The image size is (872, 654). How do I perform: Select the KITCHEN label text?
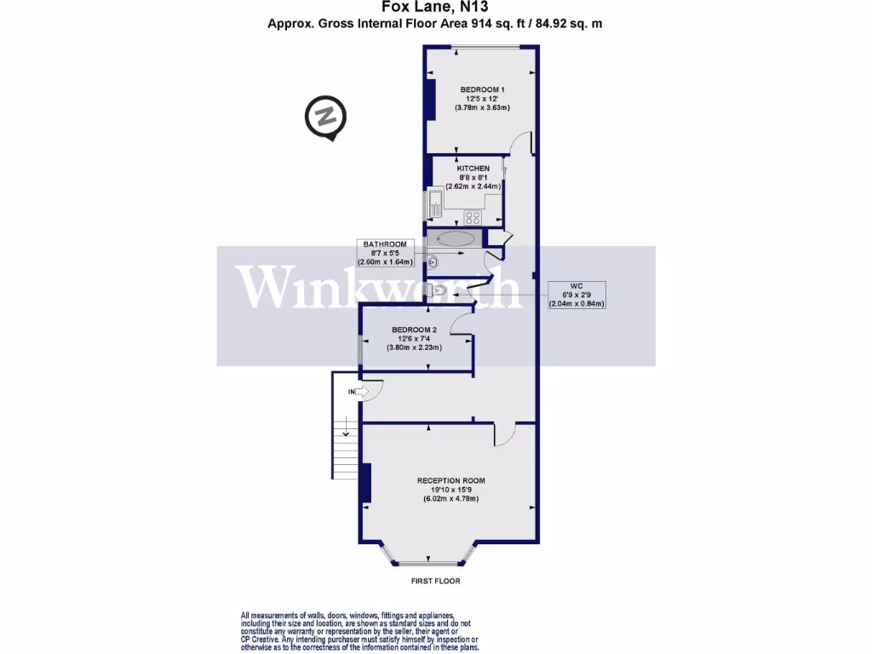click(x=473, y=169)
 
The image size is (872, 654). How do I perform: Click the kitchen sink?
click(x=435, y=204)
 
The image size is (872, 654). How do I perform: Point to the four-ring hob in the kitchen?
click(x=472, y=217)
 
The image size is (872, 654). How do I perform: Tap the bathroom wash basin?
click(x=432, y=262)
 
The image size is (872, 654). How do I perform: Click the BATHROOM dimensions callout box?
click(x=385, y=253)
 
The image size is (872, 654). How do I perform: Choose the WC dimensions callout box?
click(x=577, y=294)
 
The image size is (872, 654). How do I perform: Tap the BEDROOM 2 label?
click(x=414, y=330)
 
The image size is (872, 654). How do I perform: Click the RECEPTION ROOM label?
click(x=450, y=481)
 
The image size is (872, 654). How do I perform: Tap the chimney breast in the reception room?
click(x=366, y=482)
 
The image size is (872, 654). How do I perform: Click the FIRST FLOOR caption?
click(x=435, y=581)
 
